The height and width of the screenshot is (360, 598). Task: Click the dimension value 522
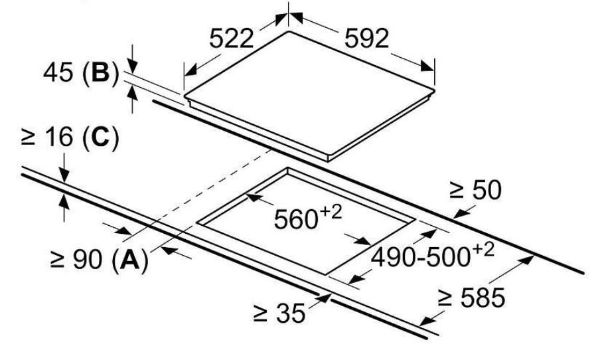tap(232, 38)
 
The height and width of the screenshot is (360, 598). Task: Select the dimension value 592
tap(366, 38)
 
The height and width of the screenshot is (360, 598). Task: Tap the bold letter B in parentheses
tap(101, 72)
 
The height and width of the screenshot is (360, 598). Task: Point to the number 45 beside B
tap(58, 72)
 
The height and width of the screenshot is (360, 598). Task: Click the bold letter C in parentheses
tap(101, 137)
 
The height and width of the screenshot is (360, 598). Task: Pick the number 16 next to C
tap(58, 137)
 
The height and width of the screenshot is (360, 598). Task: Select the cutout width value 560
tap(296, 219)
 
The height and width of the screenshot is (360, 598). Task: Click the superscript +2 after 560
tap(331, 212)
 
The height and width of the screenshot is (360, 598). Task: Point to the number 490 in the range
tap(393, 257)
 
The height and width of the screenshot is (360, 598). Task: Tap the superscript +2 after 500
tap(483, 250)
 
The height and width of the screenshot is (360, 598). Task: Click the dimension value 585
tap(483, 298)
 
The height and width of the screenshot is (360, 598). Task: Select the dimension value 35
tap(291, 314)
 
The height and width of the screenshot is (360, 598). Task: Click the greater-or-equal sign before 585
tap(445, 298)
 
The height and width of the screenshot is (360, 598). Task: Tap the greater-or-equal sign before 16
tap(29, 137)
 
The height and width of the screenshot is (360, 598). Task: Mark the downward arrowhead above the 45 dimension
tap(132, 67)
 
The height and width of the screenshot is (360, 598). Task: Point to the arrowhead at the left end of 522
tap(190, 69)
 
